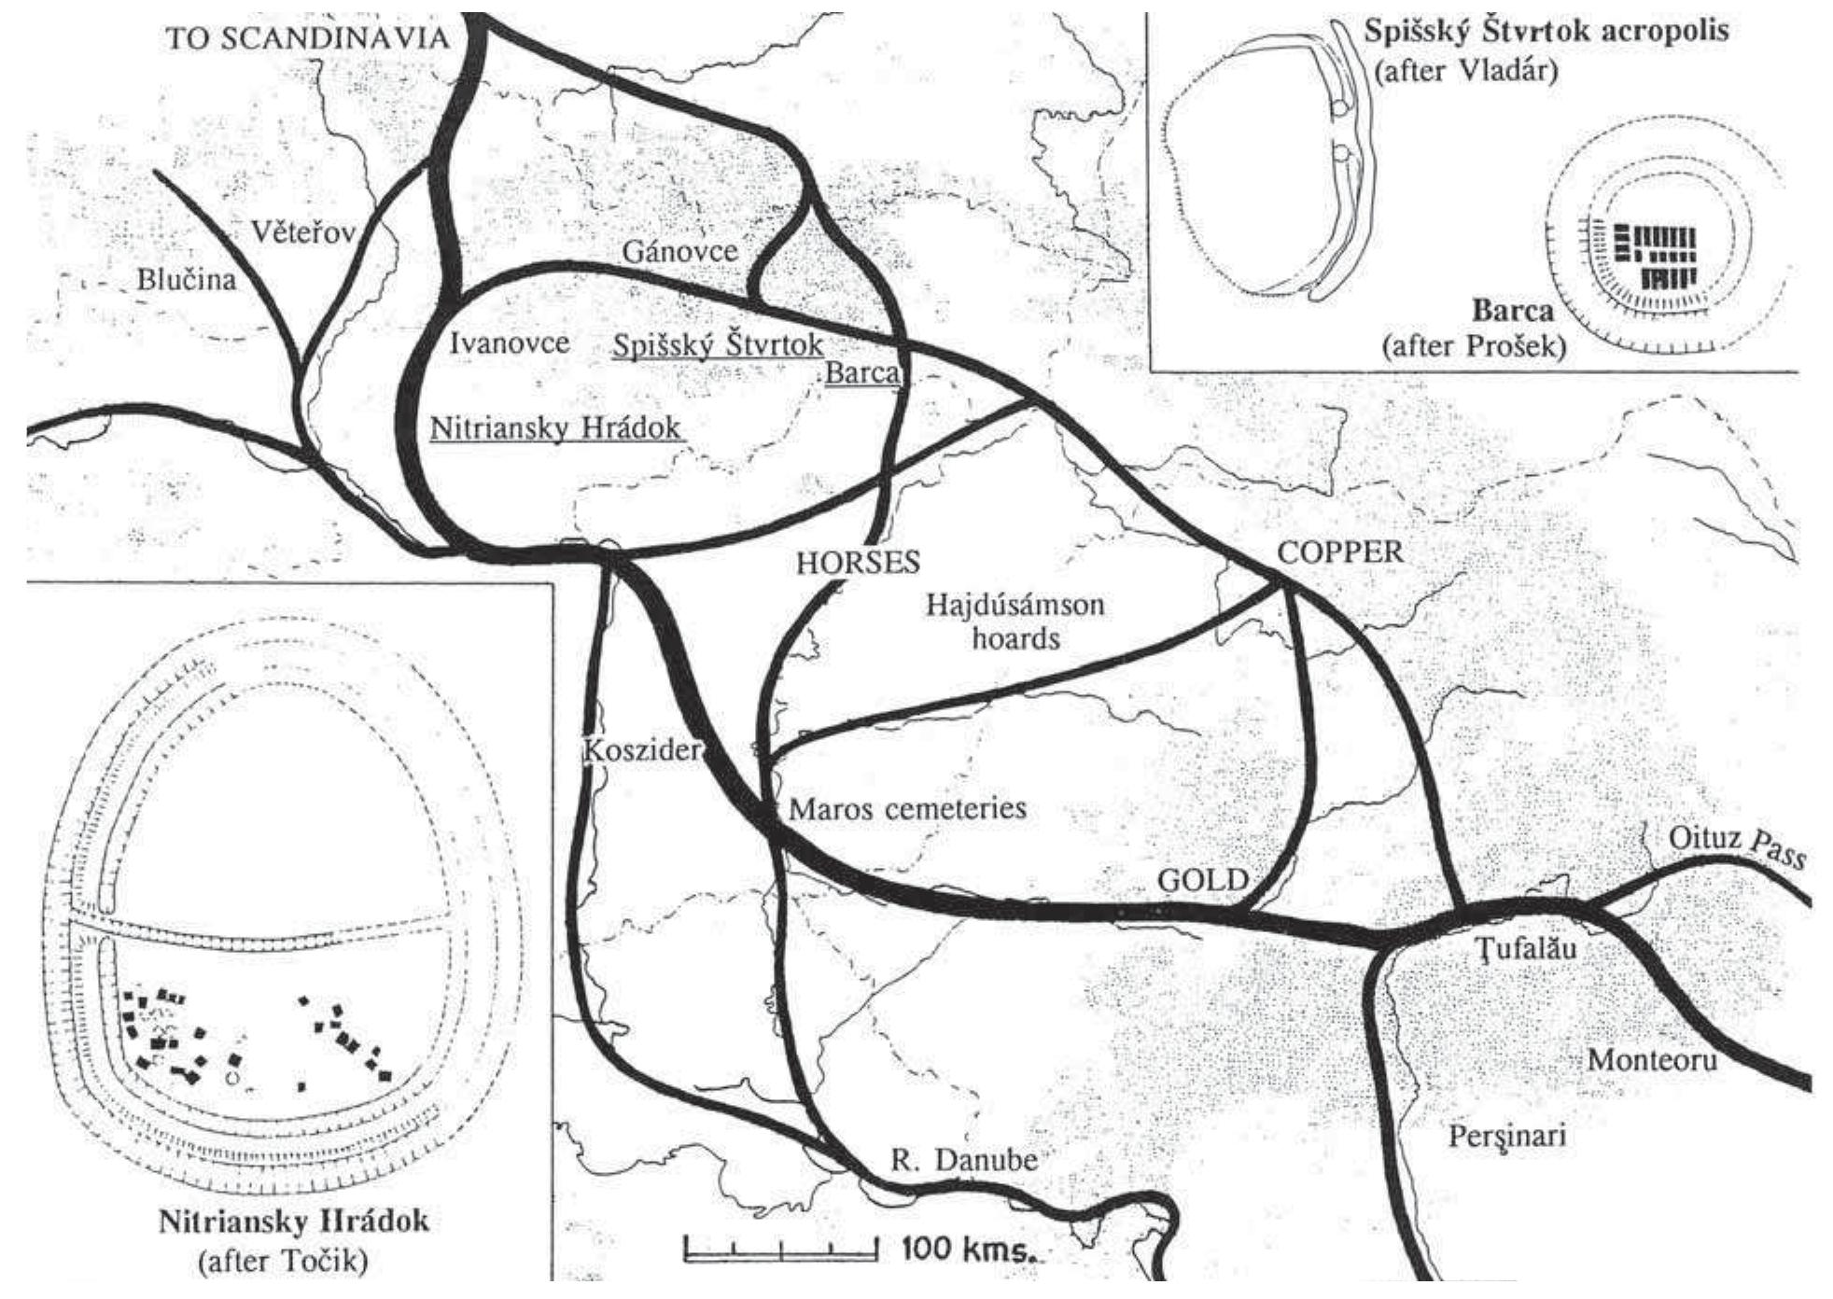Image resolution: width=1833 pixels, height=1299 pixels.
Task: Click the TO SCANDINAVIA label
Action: [x=307, y=39]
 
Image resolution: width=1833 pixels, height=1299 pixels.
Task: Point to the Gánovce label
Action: [x=679, y=251]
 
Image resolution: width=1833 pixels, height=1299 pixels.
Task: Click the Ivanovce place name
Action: [x=510, y=343]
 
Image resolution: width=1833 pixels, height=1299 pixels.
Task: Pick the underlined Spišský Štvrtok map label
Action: [x=717, y=345]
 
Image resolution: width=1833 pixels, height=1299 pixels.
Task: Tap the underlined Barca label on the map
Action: [x=862, y=373]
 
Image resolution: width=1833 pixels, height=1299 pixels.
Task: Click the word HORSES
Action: [x=858, y=562]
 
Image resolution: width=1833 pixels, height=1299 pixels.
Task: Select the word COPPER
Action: [x=1339, y=552]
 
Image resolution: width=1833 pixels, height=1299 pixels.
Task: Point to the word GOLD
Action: [x=1202, y=879]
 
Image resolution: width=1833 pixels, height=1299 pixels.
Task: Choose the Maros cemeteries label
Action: [x=907, y=808]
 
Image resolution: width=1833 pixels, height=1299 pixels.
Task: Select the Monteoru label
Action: [x=1652, y=1060]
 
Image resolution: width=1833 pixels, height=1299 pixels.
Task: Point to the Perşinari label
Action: [x=1506, y=1136]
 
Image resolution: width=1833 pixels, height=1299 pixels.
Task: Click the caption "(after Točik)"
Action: [x=283, y=1262]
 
